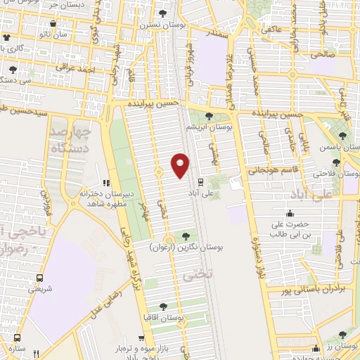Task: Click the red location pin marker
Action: pyautogui.click(x=181, y=166)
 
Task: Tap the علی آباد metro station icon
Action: pyautogui.click(x=201, y=181)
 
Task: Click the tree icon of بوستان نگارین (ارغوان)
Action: pyautogui.click(x=186, y=236)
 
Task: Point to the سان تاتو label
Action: pyautogui.click(x=72, y=33)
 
